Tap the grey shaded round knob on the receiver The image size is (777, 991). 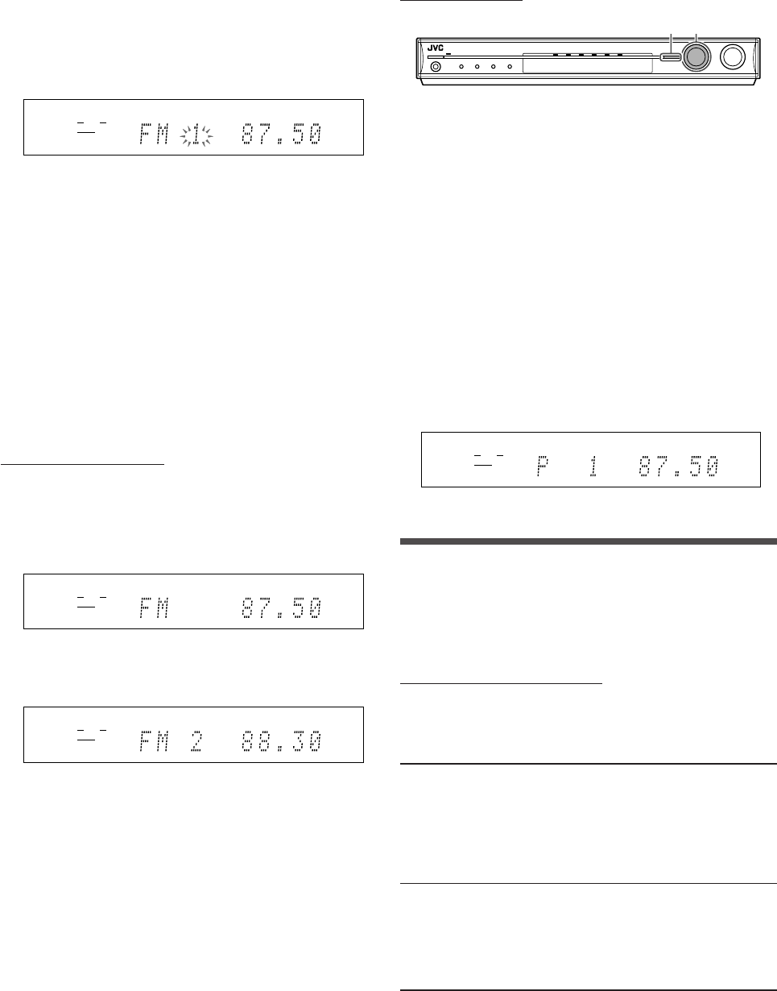coord(695,56)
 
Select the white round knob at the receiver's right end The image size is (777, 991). coord(734,56)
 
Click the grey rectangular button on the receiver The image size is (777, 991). coord(668,56)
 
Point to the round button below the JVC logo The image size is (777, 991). coord(436,67)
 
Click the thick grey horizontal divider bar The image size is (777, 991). coord(589,542)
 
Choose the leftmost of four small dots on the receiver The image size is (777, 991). coord(461,67)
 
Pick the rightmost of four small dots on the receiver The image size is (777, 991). coord(510,67)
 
